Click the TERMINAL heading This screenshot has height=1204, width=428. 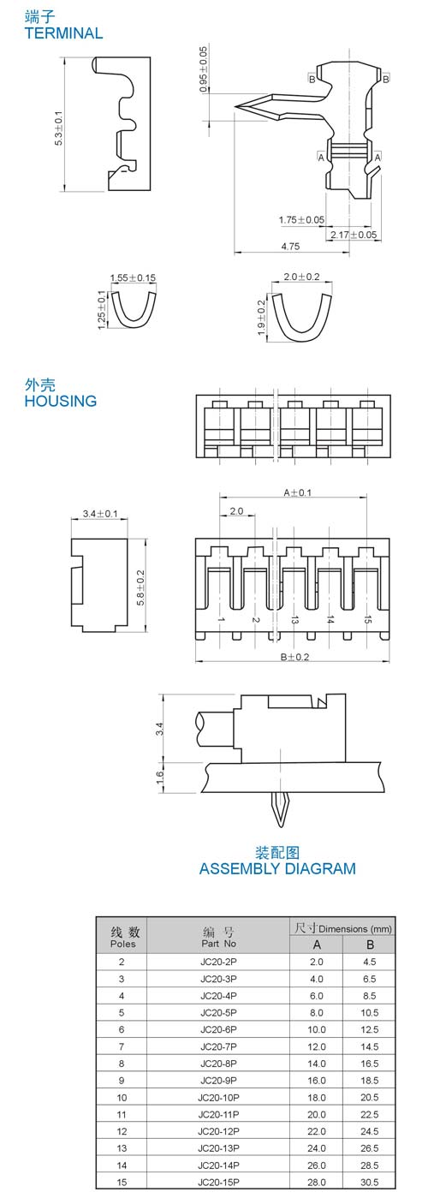click(63, 33)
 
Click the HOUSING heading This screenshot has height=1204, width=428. click(61, 401)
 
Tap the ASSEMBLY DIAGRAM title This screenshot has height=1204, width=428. click(277, 868)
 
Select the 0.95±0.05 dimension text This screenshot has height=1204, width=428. click(203, 69)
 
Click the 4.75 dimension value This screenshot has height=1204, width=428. click(290, 247)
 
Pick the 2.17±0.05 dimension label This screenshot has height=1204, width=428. click(354, 235)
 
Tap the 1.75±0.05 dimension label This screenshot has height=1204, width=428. click(301, 220)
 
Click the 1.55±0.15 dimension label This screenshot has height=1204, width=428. click(133, 278)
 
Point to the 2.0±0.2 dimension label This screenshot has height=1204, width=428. click(301, 277)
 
